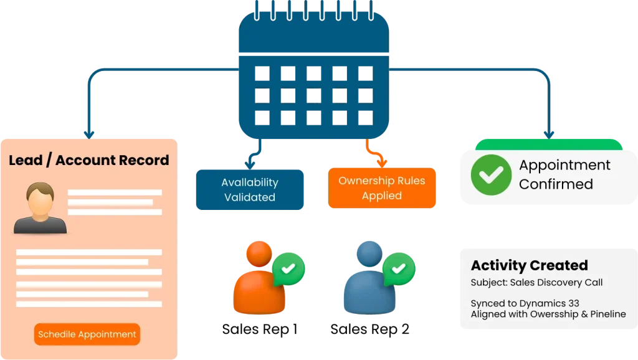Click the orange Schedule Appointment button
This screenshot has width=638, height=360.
87,334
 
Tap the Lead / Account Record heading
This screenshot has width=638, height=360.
88,160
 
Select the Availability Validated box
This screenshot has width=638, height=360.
249,190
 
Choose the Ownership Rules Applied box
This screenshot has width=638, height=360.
381,188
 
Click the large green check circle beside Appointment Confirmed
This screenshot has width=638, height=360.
491,174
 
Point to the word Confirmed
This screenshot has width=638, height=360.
556,184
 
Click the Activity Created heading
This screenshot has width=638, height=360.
529,265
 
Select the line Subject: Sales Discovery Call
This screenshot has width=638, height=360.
536,282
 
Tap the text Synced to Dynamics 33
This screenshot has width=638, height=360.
525,303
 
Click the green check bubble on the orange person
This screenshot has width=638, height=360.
288,268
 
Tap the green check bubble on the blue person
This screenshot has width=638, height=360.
399,268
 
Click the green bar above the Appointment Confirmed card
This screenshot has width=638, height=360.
548,144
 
